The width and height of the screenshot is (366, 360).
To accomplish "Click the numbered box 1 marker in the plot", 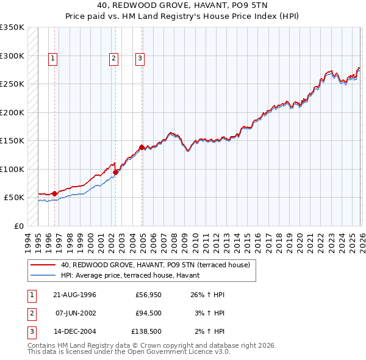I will coord(53,59).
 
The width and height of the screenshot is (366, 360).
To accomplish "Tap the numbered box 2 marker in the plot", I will coord(113,59).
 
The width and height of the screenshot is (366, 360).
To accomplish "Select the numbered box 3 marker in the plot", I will coord(140,59).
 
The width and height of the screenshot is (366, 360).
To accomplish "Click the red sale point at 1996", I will coord(54,193).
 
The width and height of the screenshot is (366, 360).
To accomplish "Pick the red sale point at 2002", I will coord(115,172).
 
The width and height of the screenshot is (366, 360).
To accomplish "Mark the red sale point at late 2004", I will coord(142,147).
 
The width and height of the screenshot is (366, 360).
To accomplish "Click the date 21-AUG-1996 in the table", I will coord(74,295).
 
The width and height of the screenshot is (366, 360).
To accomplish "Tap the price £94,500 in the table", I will coord(148,314).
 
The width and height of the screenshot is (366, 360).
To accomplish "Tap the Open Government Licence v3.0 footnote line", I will coord(129,352).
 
